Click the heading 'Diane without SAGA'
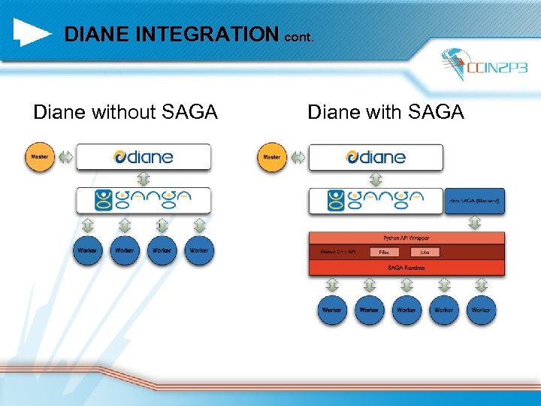point(125,113)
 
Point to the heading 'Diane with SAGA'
point(385,113)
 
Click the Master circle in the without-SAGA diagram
point(40,157)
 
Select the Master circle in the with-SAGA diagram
point(272,157)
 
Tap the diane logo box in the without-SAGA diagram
point(143,157)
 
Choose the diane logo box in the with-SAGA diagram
point(376,157)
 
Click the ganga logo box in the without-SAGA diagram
point(143,200)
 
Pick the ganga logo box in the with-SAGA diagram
point(376,200)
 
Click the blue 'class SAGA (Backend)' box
point(474,201)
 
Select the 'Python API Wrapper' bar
point(407,237)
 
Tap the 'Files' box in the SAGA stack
point(384,252)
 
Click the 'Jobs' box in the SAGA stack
point(425,252)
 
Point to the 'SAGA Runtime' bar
point(407,268)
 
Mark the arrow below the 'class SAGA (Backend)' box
point(474,223)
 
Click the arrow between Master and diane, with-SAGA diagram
point(298,157)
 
